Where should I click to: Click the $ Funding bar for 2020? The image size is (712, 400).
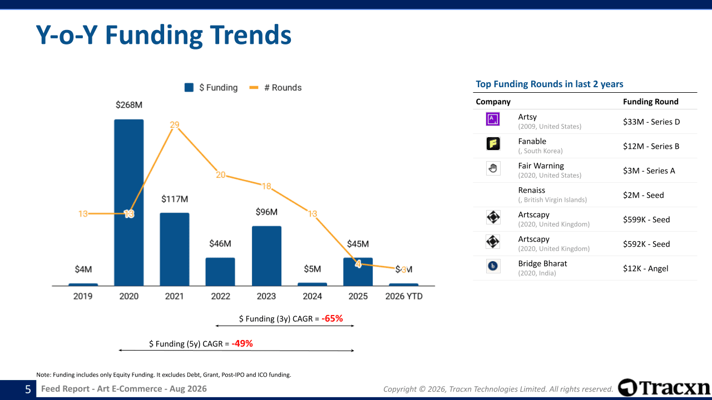128,203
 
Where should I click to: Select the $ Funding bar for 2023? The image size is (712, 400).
266,256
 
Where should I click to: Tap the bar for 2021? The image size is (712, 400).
175,249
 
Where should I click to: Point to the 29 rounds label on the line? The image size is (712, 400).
175,125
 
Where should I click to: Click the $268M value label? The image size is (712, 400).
129,105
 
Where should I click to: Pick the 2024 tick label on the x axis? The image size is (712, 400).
312,296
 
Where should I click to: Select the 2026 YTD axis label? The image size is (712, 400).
404,296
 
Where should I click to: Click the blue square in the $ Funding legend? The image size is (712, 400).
189,88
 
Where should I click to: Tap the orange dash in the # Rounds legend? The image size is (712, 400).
254,88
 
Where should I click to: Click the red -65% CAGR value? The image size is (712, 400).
332,318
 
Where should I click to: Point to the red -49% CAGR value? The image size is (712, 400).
242,343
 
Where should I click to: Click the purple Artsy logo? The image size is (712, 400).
493,119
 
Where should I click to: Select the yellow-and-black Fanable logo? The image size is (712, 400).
493,143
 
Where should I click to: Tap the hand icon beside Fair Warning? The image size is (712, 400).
493,168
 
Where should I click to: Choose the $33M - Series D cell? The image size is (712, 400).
651,122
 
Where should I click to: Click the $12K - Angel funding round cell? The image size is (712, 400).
646,268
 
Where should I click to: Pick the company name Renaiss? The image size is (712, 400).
531,190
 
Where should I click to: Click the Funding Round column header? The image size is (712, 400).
651,102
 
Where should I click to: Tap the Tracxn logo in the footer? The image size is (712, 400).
664,387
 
